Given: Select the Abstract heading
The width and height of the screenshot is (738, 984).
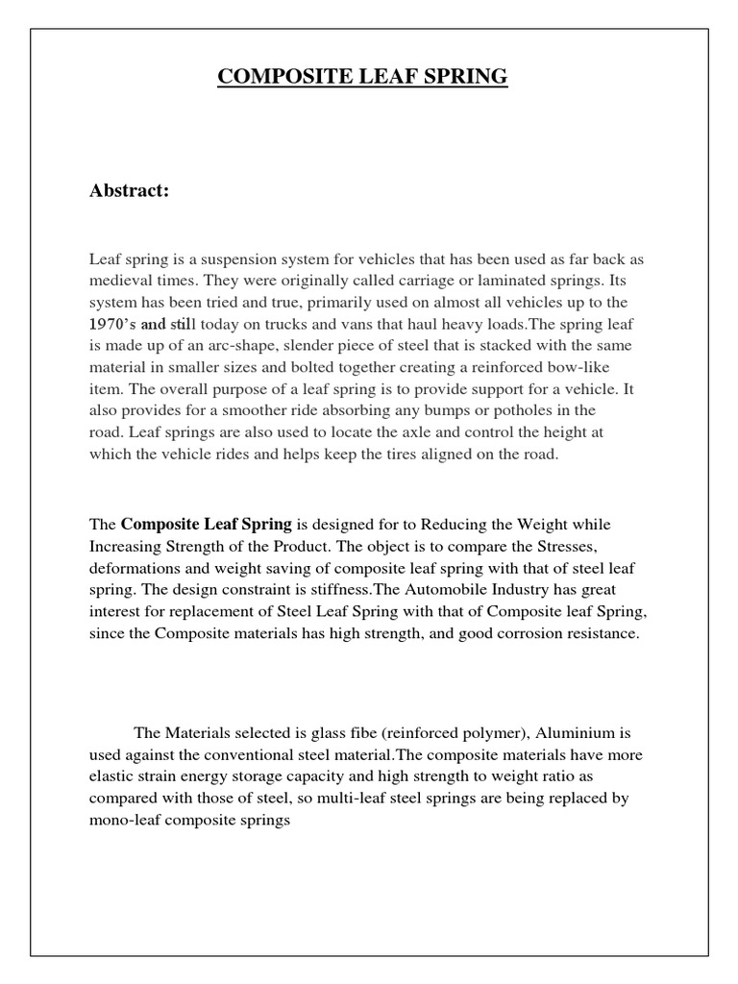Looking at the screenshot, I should click(x=129, y=190).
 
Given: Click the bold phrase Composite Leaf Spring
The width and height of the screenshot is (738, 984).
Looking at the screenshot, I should click(x=206, y=525).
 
